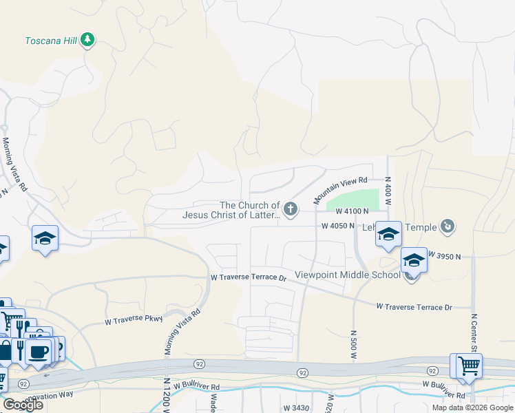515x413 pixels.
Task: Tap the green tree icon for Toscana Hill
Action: (x=87, y=39)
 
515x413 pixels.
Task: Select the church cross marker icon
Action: (x=291, y=209)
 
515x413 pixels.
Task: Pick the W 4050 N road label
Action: (x=338, y=226)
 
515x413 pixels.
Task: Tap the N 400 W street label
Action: (x=388, y=191)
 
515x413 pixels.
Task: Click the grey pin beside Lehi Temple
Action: (x=448, y=225)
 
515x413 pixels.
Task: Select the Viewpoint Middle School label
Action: (x=347, y=275)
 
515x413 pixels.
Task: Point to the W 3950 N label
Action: (x=443, y=255)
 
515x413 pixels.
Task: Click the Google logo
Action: (x=23, y=405)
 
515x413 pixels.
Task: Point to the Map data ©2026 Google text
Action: (x=472, y=407)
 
